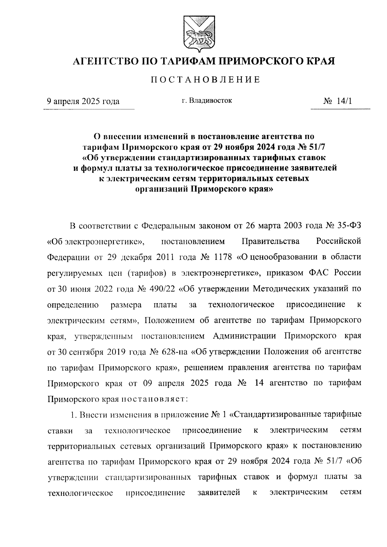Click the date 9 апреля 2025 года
pyautogui.click(x=83, y=101)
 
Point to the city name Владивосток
pyautogui.click(x=211, y=101)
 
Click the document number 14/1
pyautogui.click(x=344, y=101)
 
